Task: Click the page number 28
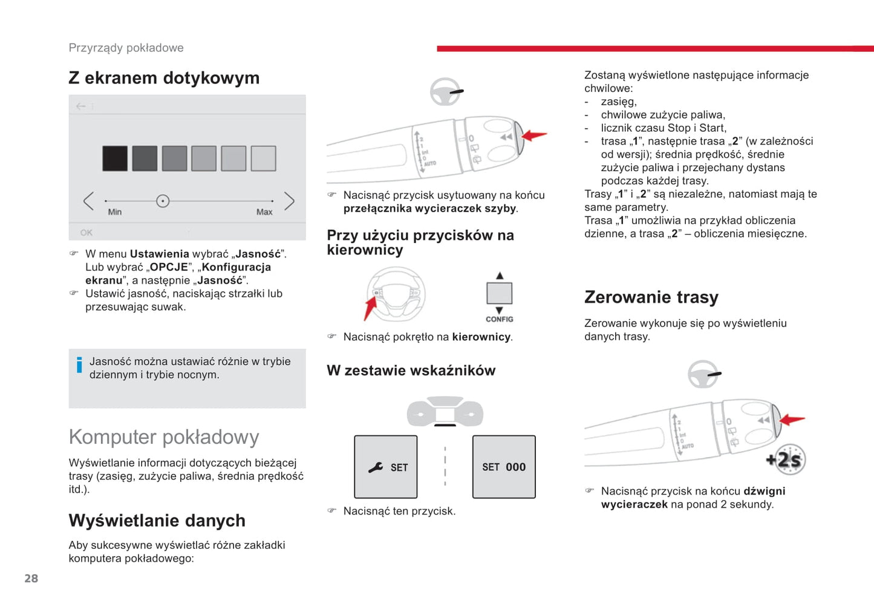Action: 31,579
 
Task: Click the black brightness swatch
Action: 115,158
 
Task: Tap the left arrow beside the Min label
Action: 89,201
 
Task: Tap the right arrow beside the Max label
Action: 289,201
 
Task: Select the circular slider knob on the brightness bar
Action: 163,201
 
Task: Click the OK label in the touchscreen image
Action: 86,233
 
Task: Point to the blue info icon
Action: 79,365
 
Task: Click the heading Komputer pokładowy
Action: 164,436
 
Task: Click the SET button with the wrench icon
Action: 386,467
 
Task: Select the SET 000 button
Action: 504,467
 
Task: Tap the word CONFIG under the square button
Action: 499,319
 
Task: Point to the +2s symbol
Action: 786,460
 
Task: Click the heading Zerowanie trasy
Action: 651,297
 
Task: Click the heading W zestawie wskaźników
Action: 411,371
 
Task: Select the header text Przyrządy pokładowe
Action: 126,48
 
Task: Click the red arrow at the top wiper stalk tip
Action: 534,135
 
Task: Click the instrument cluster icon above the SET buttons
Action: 445,412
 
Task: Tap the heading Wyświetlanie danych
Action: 157,520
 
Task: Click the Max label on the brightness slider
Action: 264,212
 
